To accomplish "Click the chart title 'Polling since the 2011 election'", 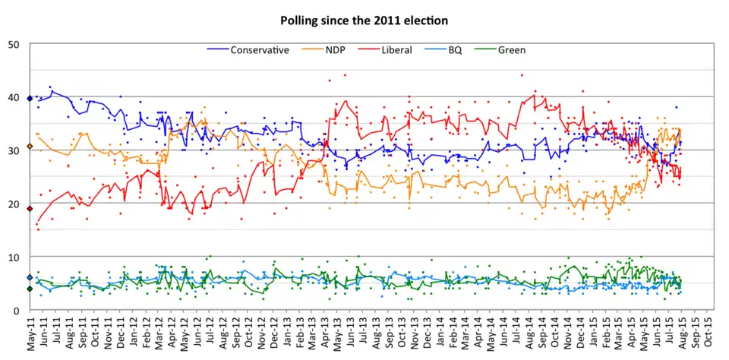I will pos(364,21).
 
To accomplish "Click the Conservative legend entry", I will pos(259,51).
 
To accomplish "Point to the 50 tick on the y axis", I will pos(14,44).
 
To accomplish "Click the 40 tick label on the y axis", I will pos(14,97).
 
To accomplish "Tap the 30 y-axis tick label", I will pos(14,150).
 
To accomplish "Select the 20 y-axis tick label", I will pos(14,204).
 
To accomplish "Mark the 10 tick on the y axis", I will pos(14,257).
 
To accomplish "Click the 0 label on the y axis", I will pos(17,311).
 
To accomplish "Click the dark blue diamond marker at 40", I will pos(30,98).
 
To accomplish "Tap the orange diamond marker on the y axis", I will pos(30,146).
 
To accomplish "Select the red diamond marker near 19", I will pos(30,209).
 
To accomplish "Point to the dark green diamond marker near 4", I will pos(30,289).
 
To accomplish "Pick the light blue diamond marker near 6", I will pos(30,278).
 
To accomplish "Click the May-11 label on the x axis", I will pos(30,334).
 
